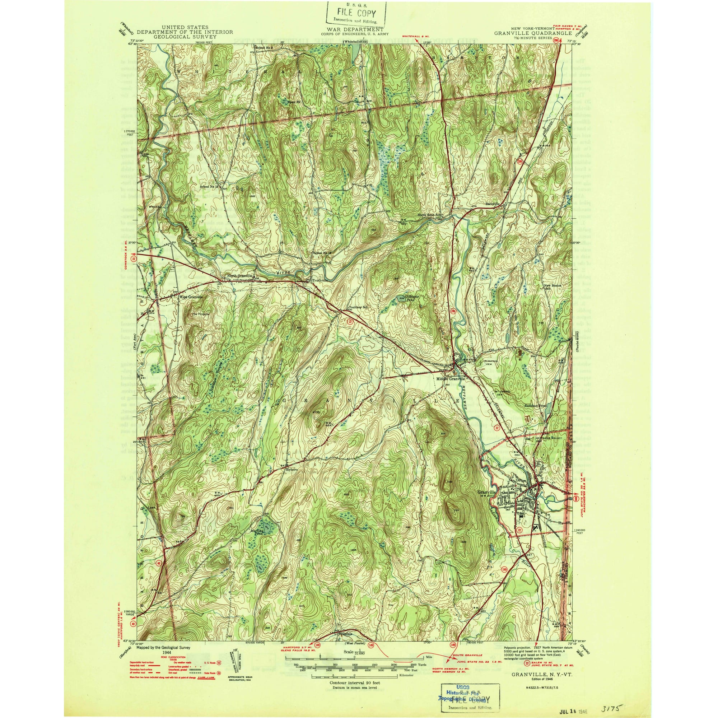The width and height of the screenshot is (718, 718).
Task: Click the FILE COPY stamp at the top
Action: (x=356, y=13)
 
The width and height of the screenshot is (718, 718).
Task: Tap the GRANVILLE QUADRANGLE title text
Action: (x=532, y=33)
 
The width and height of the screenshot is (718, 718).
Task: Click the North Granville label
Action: (x=240, y=276)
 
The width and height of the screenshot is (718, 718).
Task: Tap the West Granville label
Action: (x=191, y=297)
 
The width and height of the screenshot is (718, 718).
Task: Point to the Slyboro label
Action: (x=292, y=469)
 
